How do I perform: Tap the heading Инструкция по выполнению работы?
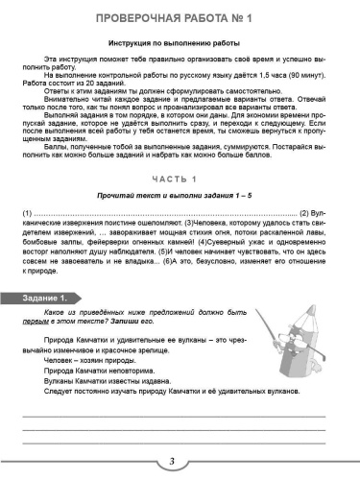point(180,44)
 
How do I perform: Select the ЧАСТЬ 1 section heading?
point(180,180)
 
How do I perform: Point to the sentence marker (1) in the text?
point(28,212)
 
